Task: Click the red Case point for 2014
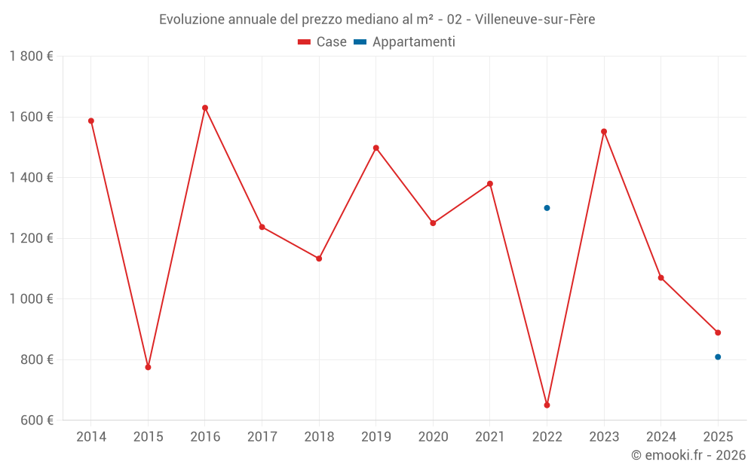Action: (91, 121)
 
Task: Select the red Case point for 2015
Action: (148, 367)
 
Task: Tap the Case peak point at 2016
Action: (205, 108)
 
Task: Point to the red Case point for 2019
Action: (376, 148)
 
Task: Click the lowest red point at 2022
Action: (547, 405)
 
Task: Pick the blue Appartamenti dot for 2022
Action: (547, 208)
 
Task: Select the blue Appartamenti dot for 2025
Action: (718, 357)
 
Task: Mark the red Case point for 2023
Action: (604, 131)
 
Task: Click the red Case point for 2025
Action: (718, 332)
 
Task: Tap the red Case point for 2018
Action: (319, 258)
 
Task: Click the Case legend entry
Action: (323, 42)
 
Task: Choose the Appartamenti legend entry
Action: (405, 42)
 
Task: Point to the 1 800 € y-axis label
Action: (31, 57)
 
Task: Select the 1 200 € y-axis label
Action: (31, 238)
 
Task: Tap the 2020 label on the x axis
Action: (433, 437)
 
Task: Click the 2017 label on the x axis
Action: (262, 437)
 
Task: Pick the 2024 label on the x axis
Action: (661, 437)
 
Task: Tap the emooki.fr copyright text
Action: (688, 455)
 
